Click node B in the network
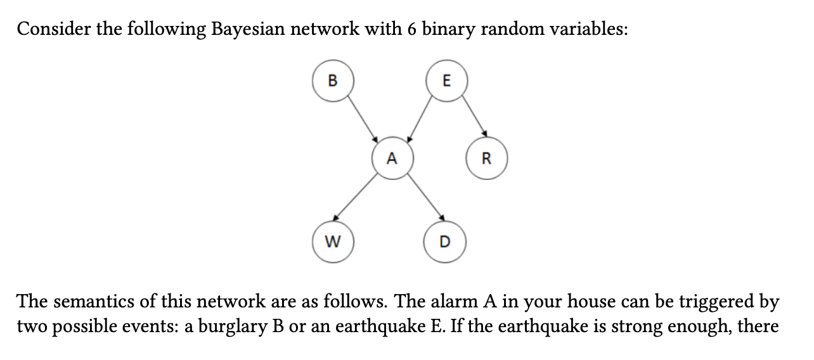(x=332, y=81)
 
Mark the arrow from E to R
(x=474, y=116)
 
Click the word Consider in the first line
(x=53, y=30)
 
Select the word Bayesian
(x=245, y=30)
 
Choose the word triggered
(x=728, y=300)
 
